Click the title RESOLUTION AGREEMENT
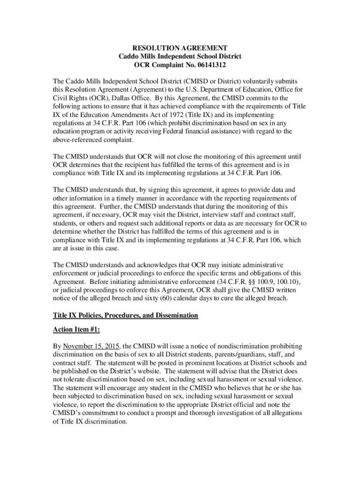pyautogui.click(x=180, y=48)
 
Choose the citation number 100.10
pyautogui.click(x=286, y=282)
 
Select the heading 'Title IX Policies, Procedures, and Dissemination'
pyautogui.click(x=126, y=316)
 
